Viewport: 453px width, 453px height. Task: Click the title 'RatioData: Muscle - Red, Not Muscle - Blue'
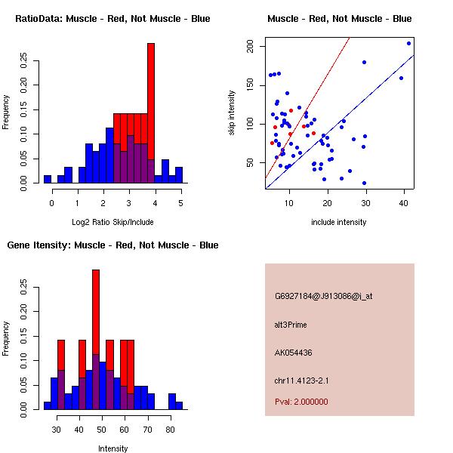[x=112, y=18]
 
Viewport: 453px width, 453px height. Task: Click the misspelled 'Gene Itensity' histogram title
[x=112, y=245]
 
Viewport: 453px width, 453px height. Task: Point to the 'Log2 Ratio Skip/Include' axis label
[x=112, y=221]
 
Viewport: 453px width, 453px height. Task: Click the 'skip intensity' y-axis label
[x=233, y=113]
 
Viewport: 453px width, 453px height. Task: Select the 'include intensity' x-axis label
[x=339, y=222]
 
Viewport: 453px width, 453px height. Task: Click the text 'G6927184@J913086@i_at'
[x=323, y=296]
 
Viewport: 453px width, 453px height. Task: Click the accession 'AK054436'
[x=294, y=353]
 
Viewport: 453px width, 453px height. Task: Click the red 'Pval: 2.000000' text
[x=301, y=402]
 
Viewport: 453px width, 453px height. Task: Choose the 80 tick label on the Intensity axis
[x=170, y=430]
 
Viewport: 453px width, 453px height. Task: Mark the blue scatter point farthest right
[x=408, y=43]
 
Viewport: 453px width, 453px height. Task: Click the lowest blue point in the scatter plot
[x=364, y=183]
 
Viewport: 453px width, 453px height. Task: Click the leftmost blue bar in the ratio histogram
[x=48, y=179]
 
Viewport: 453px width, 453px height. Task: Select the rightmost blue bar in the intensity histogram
[x=179, y=405]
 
